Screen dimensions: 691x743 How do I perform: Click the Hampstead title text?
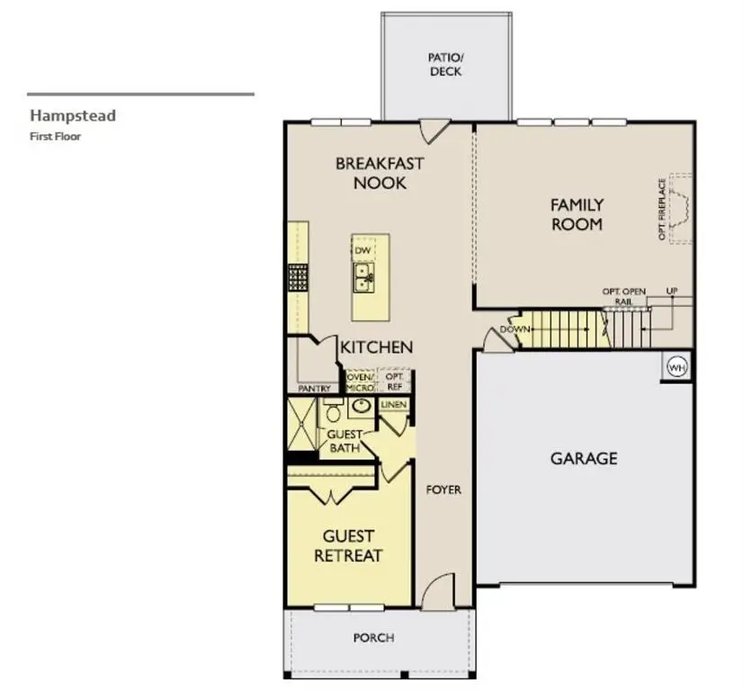73,115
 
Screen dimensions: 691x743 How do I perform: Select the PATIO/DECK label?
446,64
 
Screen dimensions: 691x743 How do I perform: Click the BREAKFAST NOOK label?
380,173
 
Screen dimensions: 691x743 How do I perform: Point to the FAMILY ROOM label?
577,214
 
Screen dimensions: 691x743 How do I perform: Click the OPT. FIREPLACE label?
662,209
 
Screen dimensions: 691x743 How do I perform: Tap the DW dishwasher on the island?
363,250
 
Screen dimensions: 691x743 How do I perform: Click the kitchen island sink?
365,276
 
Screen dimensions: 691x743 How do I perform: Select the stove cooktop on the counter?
297,276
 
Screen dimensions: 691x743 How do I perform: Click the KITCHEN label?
377,346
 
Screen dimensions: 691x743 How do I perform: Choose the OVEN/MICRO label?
360,381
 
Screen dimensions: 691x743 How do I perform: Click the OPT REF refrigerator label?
394,381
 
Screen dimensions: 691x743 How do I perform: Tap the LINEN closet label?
393,405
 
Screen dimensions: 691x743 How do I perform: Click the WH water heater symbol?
676,366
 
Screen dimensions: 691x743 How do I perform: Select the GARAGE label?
584,458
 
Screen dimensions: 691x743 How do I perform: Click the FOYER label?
443,489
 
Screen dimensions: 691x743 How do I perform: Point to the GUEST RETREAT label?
348,545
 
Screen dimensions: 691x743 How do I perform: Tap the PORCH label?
373,638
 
